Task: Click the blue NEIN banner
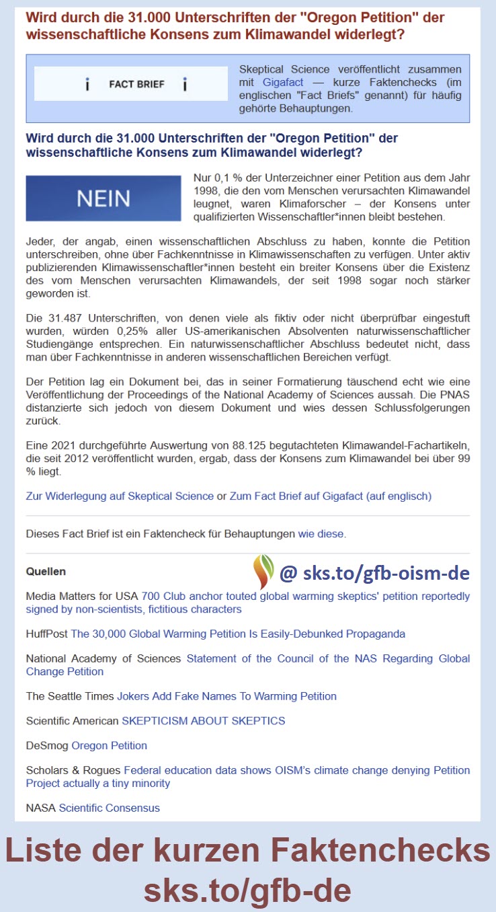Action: (x=103, y=198)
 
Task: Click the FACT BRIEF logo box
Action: (x=131, y=84)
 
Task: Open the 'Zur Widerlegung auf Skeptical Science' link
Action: (x=120, y=496)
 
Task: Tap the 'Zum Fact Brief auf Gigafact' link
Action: (x=330, y=496)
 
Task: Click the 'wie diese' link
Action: (x=321, y=534)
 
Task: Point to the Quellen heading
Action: (x=46, y=572)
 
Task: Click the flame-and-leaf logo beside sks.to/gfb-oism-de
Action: (x=263, y=571)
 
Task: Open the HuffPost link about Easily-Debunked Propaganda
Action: (x=238, y=634)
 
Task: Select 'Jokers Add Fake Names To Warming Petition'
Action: (x=226, y=696)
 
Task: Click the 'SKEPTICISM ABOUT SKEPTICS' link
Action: (x=203, y=721)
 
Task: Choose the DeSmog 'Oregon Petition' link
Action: (x=109, y=745)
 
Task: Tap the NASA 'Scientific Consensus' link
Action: (x=109, y=808)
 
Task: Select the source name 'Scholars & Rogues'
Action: (x=73, y=770)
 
